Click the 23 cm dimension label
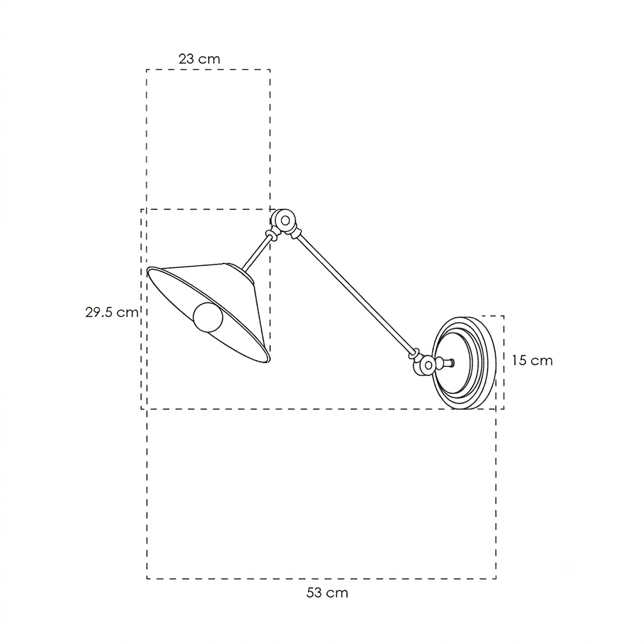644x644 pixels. coord(199,59)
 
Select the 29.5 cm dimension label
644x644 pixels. coord(112,312)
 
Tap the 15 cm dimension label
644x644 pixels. coord(532,360)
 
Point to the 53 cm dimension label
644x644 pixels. coord(327,592)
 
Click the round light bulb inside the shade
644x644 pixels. coord(208,317)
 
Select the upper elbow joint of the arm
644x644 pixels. coord(284,221)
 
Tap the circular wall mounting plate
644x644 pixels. coord(464,362)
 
